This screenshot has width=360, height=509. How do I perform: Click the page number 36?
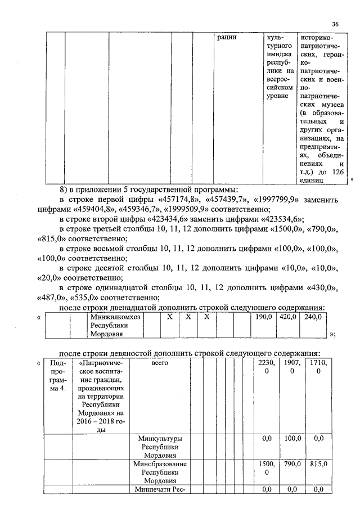[x=335, y=24]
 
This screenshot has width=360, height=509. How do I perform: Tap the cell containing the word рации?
[x=227, y=38]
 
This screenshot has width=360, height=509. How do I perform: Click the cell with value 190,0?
[x=263, y=317]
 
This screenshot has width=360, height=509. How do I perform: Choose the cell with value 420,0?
[x=288, y=317]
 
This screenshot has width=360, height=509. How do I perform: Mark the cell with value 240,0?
[x=312, y=317]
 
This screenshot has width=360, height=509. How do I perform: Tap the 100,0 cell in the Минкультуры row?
[x=291, y=438]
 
